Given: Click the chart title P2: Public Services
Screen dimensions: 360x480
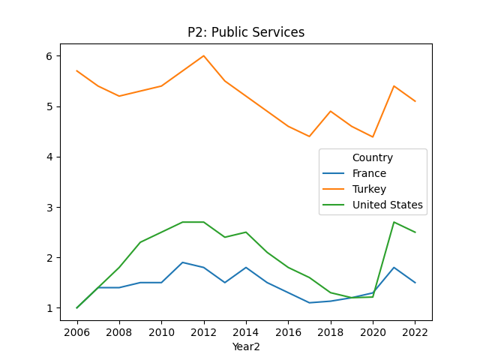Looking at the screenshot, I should click(x=246, y=32).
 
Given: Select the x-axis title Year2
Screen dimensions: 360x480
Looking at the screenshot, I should click(x=246, y=346).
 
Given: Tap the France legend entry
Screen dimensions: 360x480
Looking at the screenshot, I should click(x=369, y=173).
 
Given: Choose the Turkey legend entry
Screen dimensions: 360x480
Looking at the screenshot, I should click(x=369, y=189).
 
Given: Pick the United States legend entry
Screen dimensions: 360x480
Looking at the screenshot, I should click(x=387, y=205).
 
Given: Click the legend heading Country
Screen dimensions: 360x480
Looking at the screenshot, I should click(x=373, y=157).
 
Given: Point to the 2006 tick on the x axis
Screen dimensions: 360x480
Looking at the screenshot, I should click(x=77, y=331).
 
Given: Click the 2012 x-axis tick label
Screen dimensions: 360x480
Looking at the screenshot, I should click(x=204, y=331).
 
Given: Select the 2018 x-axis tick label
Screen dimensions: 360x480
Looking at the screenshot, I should click(x=331, y=331).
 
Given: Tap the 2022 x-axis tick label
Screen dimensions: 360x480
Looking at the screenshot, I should click(x=415, y=331).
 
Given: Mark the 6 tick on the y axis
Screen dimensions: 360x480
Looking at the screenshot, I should click(x=48, y=56).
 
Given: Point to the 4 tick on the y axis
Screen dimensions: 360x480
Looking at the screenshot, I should click(x=48, y=157).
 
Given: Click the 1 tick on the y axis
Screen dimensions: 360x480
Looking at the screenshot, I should click(x=48, y=308).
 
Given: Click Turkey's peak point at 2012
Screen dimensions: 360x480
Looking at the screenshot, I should click(x=204, y=55).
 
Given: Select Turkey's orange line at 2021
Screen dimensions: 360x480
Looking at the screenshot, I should click(x=394, y=86).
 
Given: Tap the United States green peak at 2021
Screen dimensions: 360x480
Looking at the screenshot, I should click(x=394, y=222).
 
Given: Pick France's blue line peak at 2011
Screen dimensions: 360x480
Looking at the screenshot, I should click(x=182, y=262).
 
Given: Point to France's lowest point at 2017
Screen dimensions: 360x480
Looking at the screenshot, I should click(x=309, y=303).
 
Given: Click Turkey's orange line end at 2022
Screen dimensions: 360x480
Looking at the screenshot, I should click(x=415, y=101).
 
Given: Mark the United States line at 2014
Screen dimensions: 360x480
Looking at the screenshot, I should click(x=246, y=232).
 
